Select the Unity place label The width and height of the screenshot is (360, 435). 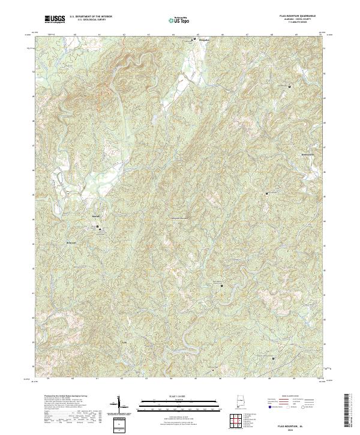tap(125, 343)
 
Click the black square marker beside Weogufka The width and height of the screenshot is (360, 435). tap(194, 39)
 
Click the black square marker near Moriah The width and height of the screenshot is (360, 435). tap(99, 226)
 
